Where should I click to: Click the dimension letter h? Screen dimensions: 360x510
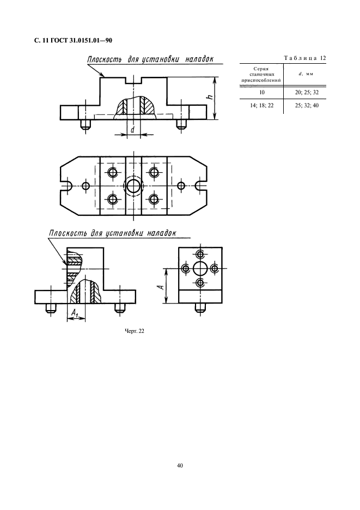tap(210, 97)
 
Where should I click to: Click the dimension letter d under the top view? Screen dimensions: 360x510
tap(133, 130)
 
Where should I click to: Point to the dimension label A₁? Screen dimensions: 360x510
tap(75, 313)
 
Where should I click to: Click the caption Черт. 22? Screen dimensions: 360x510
tap(135, 331)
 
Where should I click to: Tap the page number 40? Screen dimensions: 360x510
tap(180, 465)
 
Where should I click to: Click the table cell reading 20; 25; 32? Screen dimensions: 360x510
tap(307, 93)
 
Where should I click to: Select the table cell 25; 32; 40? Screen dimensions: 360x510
tap(307, 105)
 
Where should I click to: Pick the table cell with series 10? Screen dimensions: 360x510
tap(262, 93)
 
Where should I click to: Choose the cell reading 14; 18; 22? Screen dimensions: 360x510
tap(262, 105)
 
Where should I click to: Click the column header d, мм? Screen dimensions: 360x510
tap(306, 74)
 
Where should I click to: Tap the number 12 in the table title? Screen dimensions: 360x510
tap(322, 58)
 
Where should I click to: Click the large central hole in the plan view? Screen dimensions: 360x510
tap(133, 186)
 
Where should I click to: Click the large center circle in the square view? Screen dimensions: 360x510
tap(200, 269)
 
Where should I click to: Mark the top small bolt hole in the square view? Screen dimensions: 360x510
tap(200, 254)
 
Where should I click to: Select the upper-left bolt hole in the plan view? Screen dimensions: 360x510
tap(113, 172)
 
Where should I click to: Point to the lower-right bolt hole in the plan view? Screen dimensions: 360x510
tap(154, 198)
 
